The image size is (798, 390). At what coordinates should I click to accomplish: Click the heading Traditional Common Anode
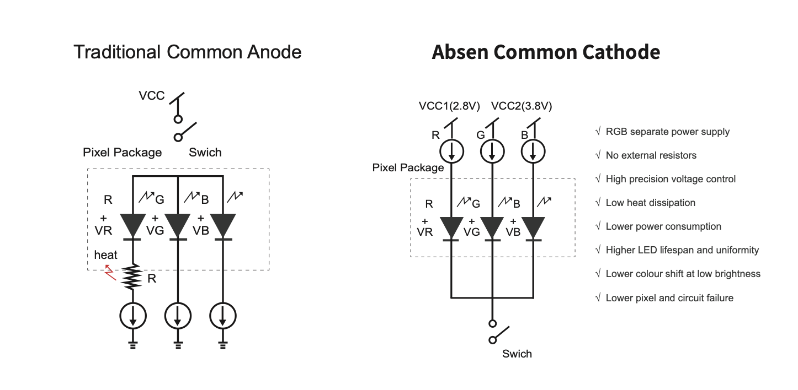click(188, 52)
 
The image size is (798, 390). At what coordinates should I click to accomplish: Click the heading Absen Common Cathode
click(546, 52)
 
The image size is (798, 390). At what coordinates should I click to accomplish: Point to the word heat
click(105, 255)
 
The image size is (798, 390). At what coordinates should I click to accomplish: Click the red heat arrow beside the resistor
click(111, 272)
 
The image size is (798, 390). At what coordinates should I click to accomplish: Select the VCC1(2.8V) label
click(449, 106)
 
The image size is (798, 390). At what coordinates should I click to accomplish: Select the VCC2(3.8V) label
click(521, 106)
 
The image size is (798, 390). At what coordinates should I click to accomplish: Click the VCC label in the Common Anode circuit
click(152, 96)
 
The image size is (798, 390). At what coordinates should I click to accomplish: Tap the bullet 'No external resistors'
click(651, 155)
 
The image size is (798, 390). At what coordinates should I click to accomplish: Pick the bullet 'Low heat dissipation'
click(650, 203)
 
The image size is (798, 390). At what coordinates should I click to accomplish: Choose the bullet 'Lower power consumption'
click(663, 226)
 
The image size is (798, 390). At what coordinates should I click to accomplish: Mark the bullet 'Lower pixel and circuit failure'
click(669, 298)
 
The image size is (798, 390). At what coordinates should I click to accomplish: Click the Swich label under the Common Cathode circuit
click(517, 354)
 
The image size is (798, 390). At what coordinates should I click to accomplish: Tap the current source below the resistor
click(133, 316)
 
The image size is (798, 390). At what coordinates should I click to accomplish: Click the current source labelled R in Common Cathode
click(452, 151)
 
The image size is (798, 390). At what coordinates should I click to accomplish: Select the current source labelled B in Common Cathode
click(533, 151)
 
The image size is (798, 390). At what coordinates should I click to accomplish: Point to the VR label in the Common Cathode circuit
click(425, 232)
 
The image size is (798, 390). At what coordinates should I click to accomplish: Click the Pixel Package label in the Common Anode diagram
click(123, 153)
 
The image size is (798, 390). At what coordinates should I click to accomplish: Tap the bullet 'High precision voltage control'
click(670, 179)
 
